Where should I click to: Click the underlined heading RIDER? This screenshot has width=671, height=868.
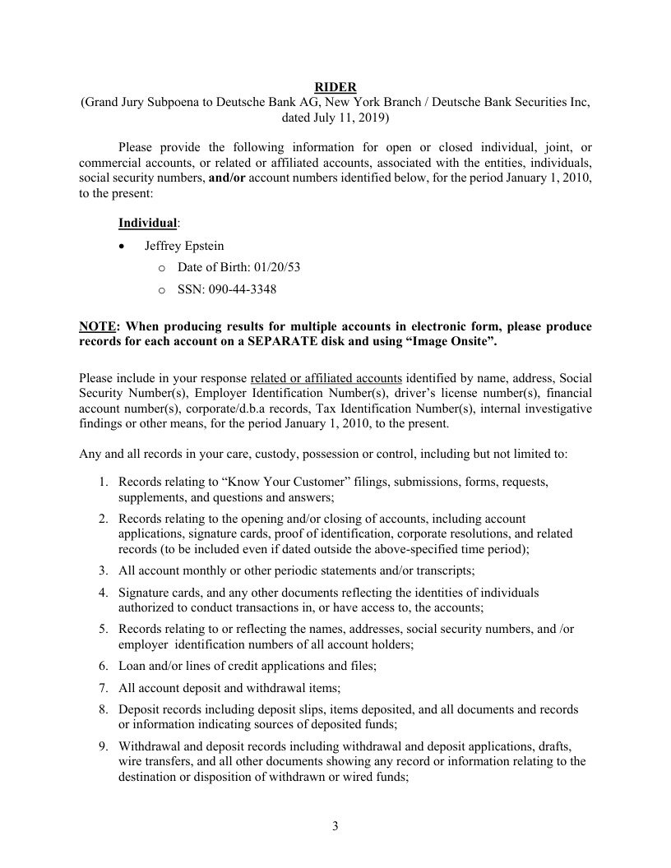click(x=335, y=87)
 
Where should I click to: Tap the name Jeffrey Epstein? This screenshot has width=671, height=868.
click(x=184, y=246)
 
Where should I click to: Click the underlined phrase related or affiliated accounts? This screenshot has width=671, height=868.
click(x=326, y=378)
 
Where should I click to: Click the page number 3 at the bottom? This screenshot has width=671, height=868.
click(x=335, y=826)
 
